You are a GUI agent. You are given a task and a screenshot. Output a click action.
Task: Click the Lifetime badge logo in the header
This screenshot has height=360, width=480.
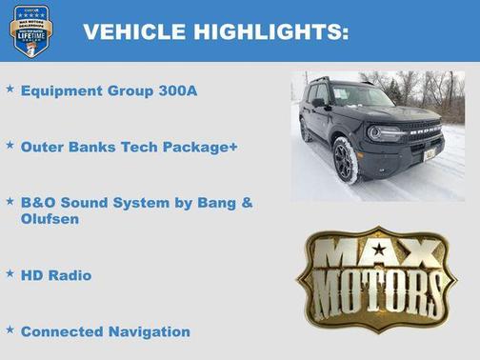[x=30, y=30]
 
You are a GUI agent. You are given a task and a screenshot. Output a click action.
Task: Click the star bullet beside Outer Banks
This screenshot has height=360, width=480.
[x=10, y=146]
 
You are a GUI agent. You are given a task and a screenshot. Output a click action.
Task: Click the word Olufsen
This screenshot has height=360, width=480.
[x=50, y=219]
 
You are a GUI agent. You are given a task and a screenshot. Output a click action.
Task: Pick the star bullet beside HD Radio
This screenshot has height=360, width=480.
[x=10, y=273]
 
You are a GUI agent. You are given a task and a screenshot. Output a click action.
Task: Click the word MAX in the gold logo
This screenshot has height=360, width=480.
[x=378, y=255]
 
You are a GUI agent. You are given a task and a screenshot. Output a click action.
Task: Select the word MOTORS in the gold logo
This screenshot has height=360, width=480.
[x=378, y=290]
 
